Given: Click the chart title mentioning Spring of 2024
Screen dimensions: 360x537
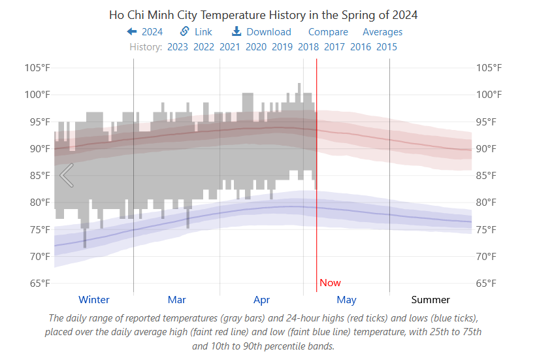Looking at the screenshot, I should pos(263,14).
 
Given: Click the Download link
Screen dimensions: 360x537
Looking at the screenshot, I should pos(261,31).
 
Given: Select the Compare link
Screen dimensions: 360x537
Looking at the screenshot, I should pos(328,31).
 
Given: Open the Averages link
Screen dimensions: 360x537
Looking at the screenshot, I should pos(382,31).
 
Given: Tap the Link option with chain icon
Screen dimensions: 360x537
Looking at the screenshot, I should pos(196,31).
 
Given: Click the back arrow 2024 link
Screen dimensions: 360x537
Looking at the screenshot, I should pos(145,31).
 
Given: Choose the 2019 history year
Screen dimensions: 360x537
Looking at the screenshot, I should pos(282,46).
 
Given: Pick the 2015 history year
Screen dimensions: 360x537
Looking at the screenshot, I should pos(386,46).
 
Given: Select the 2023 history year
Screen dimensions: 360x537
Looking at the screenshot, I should pos(177,46).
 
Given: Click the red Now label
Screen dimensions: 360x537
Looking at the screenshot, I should pos(330,282).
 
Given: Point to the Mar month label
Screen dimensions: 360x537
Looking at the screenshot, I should pos(176,299).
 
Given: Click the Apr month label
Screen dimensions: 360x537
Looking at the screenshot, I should pos(261,299).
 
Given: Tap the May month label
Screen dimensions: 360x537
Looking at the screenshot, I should pos(346,299).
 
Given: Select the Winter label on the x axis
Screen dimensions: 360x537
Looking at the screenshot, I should pos(94,299).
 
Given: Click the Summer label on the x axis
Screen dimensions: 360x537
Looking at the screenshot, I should pos(431,299).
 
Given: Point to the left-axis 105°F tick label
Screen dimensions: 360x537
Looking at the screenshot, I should pos(37,68).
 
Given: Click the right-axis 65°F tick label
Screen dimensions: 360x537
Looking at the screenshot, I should pos(489,283).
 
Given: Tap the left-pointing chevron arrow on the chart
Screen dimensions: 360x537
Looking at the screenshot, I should pos(66,174).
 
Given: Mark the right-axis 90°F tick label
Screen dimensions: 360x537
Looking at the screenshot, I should pos(489,148).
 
